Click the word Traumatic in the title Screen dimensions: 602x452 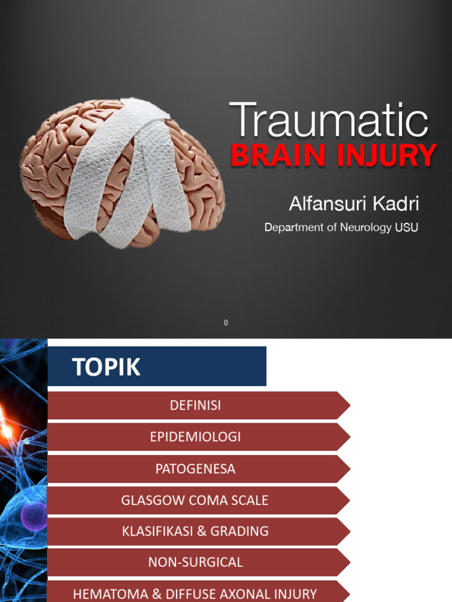point(328,120)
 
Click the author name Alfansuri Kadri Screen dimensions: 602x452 point(354,204)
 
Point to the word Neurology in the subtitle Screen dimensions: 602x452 point(365,228)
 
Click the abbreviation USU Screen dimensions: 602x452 point(407,228)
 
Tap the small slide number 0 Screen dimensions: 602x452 point(226,323)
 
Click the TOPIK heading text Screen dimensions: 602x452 point(107,367)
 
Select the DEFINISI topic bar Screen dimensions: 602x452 point(195,406)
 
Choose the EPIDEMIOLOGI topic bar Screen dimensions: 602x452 point(195,437)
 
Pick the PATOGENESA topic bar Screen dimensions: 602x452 point(195,469)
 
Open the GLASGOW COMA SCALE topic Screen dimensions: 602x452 point(195,500)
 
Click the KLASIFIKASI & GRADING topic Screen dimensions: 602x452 point(195,531)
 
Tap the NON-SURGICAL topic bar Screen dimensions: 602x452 point(195,563)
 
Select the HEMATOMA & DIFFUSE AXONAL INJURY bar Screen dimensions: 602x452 point(195,594)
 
